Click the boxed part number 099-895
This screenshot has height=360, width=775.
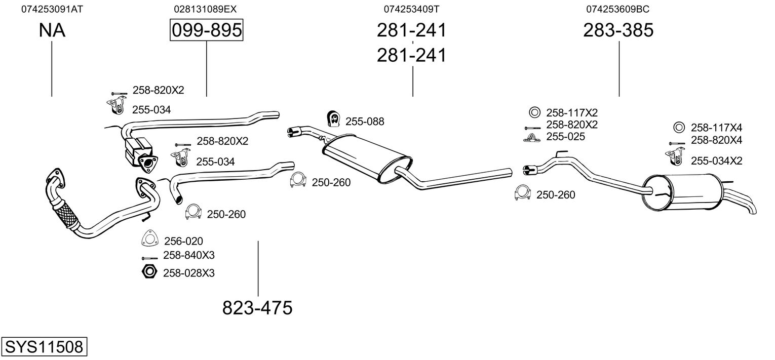click(206, 30)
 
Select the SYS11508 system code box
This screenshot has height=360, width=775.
click(44, 347)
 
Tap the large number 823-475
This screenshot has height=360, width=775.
click(257, 308)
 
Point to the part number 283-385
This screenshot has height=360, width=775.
click(618, 30)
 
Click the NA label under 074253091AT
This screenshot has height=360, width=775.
click(52, 30)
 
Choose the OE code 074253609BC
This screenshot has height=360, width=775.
click(618, 9)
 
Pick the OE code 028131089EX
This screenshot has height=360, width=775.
click(205, 9)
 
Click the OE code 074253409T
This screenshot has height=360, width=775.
click(411, 9)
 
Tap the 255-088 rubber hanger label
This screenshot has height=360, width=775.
click(365, 122)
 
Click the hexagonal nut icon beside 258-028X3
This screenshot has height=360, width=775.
click(149, 272)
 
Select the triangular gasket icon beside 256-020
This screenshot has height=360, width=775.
click(149, 239)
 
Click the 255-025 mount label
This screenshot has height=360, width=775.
click(565, 137)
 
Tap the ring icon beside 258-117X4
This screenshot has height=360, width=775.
click(679, 127)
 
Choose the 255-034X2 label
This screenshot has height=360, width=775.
click(717, 161)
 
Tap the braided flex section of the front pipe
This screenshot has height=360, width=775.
click(66, 217)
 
